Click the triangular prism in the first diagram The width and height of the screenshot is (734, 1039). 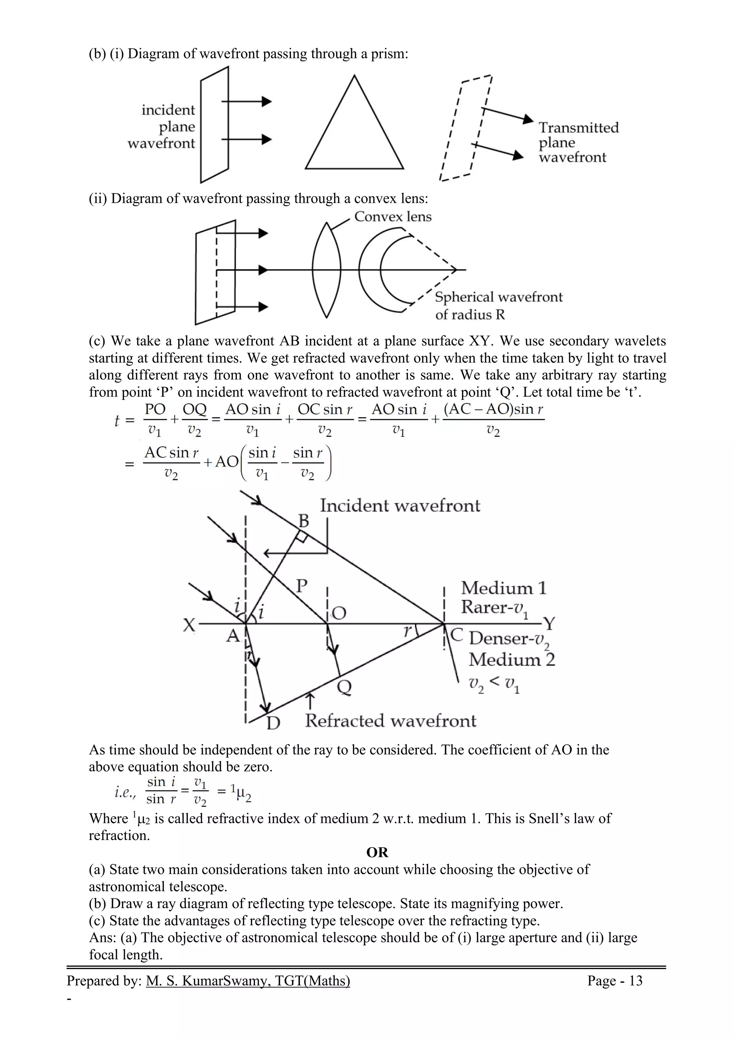(354, 131)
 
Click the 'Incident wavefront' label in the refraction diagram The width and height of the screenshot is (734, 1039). (400, 506)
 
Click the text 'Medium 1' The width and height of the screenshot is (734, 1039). (503, 588)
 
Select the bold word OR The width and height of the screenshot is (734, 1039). (377, 853)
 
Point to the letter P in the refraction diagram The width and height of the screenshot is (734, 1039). (302, 587)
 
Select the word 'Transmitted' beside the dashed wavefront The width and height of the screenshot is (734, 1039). (578, 128)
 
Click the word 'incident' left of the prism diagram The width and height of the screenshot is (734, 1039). (168, 110)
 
